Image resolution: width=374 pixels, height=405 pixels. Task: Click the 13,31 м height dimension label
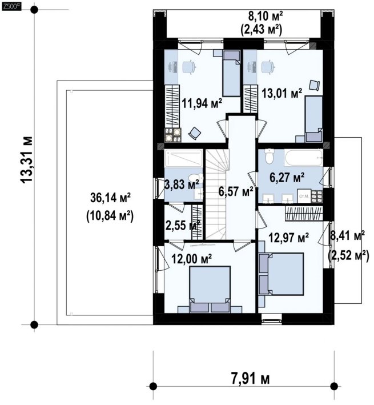[x=27, y=159]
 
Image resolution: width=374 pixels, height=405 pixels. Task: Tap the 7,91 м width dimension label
[x=250, y=379]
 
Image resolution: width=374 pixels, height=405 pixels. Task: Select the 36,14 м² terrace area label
[x=111, y=198]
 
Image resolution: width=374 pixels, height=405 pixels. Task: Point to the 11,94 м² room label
[x=202, y=103]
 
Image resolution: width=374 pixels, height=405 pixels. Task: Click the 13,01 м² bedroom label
[x=282, y=93]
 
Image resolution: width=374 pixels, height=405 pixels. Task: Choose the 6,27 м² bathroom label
[x=287, y=178]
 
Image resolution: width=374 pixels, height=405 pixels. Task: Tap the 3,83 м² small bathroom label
[x=182, y=185]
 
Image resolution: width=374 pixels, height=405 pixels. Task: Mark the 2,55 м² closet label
[x=183, y=226]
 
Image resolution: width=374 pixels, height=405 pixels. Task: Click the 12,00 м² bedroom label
[x=192, y=259]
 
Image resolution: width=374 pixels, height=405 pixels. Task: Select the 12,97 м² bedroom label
[x=289, y=238]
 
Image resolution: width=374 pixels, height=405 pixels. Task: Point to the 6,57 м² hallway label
[x=235, y=191]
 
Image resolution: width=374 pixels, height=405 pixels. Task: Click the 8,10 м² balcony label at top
[x=266, y=16]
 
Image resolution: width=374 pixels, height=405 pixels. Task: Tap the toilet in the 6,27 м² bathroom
[x=269, y=156]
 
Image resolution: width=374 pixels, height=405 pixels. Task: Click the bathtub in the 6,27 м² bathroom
[x=304, y=157]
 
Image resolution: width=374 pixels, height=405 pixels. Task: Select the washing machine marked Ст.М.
[x=304, y=196]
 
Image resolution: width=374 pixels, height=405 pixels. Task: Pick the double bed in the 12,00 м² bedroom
[x=210, y=290]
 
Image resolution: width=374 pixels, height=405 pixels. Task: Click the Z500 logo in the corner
[x=11, y=6]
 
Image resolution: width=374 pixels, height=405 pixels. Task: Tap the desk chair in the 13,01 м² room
[x=267, y=67]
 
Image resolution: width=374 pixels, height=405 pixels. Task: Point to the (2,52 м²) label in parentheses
[x=348, y=256]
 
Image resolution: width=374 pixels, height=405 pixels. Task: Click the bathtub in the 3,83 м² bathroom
[x=184, y=159]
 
